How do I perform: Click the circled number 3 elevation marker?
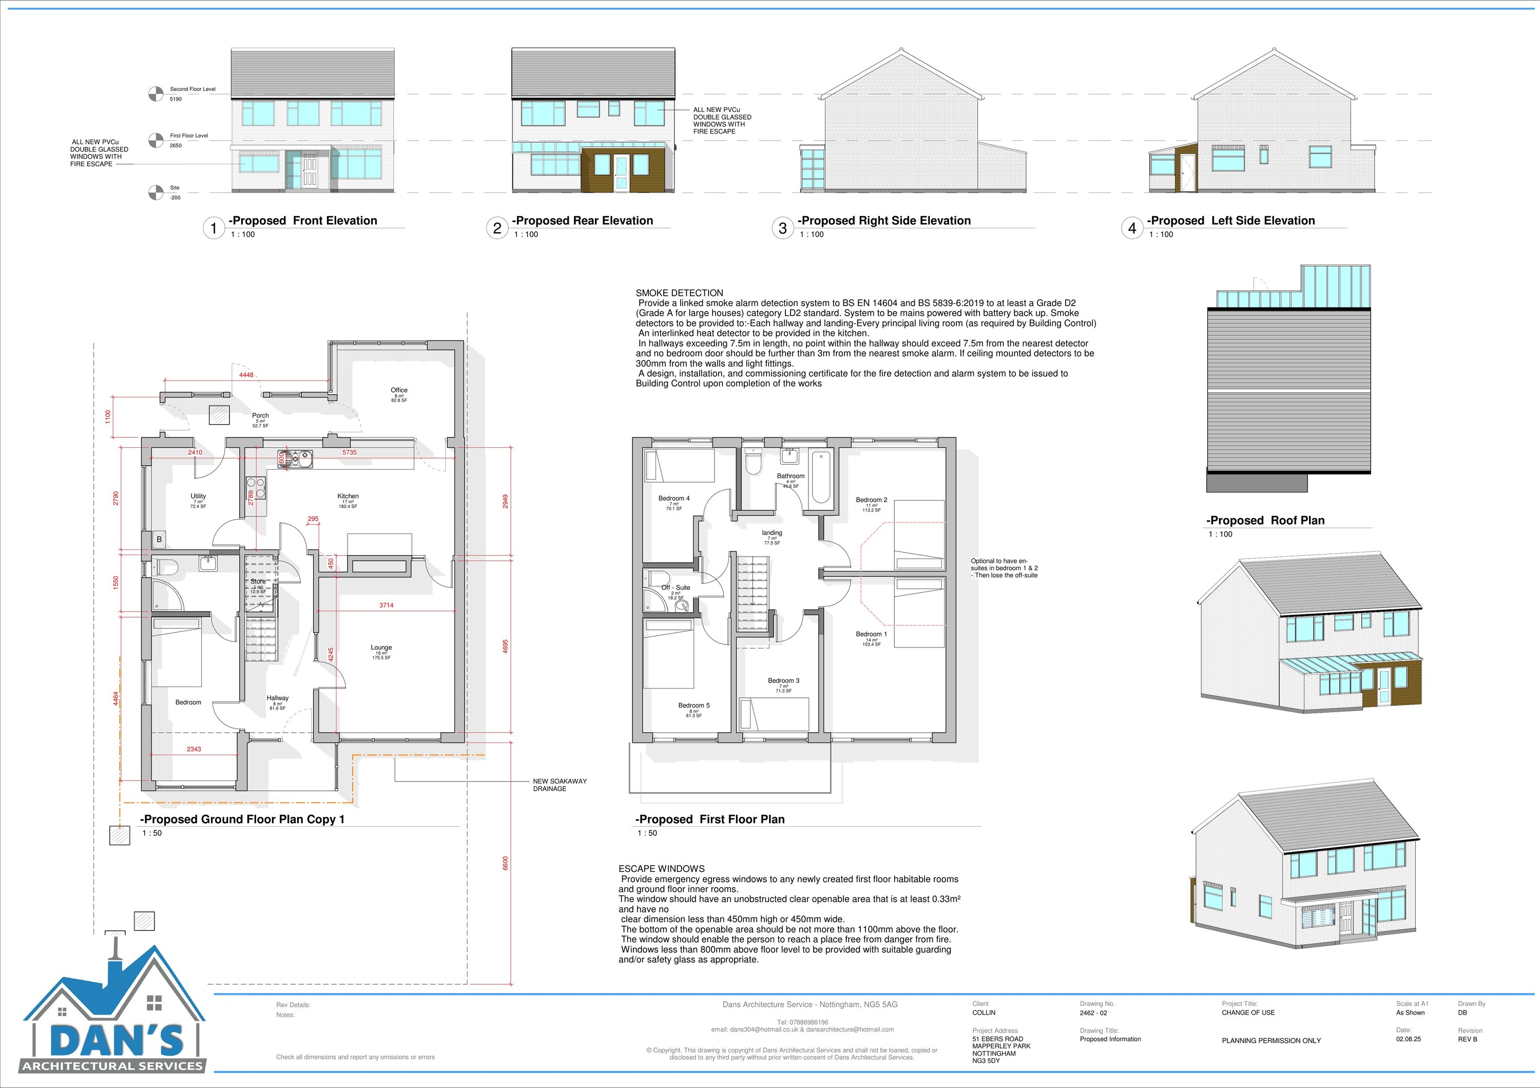pyautogui.click(x=782, y=228)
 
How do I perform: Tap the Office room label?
pyautogui.click(x=399, y=390)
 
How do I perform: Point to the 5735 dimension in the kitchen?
pyautogui.click(x=350, y=453)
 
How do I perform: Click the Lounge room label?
pyautogui.click(x=381, y=647)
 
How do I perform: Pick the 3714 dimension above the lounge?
pyautogui.click(x=387, y=605)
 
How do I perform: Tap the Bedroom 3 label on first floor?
pyautogui.click(x=783, y=681)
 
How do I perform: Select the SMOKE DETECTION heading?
pyautogui.click(x=680, y=293)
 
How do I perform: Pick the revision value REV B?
pyautogui.click(x=1468, y=1040)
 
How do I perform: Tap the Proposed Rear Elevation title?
pyautogui.click(x=582, y=221)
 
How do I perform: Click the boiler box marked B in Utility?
pyautogui.click(x=159, y=539)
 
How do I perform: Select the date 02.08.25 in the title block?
pyautogui.click(x=1409, y=1040)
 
